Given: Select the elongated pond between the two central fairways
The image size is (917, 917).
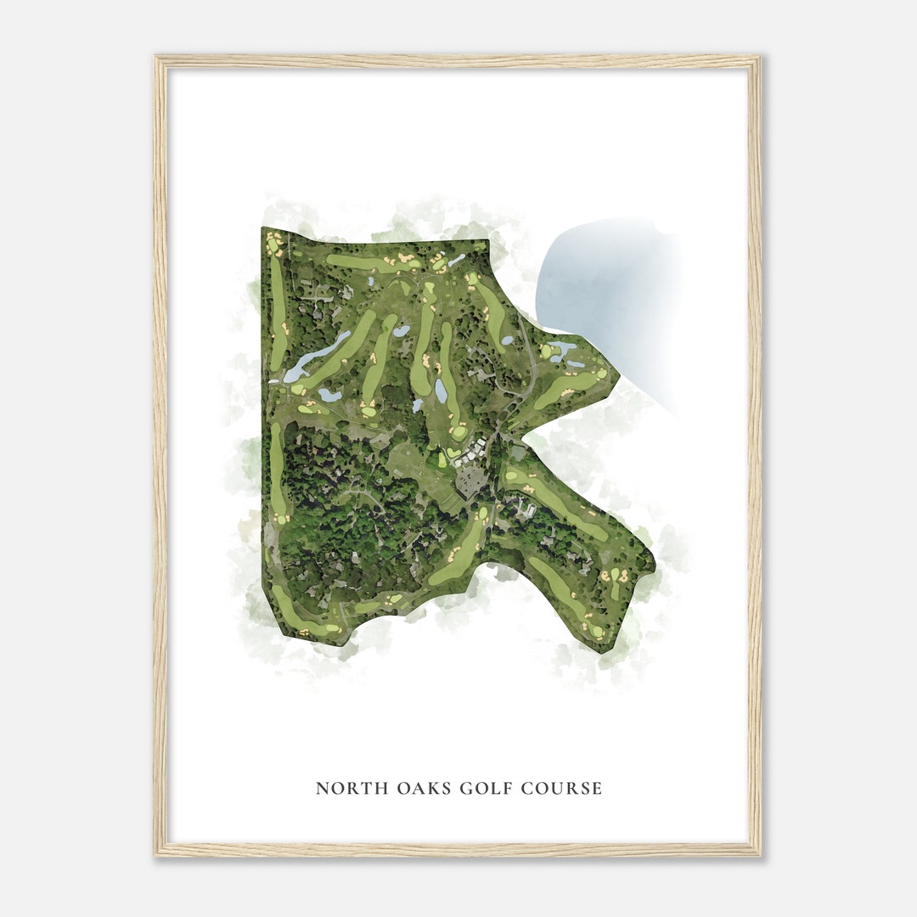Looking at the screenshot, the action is tap(440, 391).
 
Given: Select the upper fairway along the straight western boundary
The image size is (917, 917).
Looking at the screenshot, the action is tap(278, 314).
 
